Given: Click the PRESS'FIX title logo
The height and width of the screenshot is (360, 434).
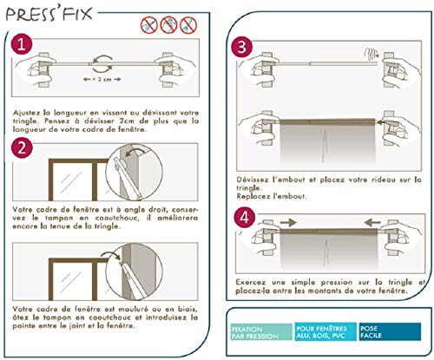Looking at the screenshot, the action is coord(49,15).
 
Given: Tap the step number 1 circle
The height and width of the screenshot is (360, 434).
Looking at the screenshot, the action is coord(22,45).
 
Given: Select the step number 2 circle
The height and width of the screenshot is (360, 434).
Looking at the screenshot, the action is coord(22,147).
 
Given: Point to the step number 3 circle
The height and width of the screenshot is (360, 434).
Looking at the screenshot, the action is coord(242,47).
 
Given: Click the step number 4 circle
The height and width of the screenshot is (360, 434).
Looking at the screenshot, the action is coord(245,218).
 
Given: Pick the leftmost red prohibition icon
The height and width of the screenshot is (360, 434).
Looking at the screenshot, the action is coord(149,25).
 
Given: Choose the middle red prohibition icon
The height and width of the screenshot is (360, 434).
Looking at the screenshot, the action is coord(168,25).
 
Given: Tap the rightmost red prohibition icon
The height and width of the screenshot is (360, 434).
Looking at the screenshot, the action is coord(188,25).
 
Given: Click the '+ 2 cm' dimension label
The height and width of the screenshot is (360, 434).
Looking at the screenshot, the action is coord(102,79).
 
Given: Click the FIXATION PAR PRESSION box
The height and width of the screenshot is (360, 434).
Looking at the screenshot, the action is coord(261,332).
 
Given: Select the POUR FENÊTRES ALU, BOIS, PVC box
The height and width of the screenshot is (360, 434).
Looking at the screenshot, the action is coord(325,331).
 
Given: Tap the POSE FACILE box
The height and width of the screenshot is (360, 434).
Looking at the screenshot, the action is coord(390,331).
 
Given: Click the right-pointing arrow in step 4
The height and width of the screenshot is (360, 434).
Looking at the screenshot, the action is coord(288,222).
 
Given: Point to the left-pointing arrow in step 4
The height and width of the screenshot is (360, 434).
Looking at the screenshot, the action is coord(372,222).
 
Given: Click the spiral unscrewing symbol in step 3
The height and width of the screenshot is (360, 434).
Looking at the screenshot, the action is coord(372,54).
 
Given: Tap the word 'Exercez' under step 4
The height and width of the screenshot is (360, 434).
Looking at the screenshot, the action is coord(250,282).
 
